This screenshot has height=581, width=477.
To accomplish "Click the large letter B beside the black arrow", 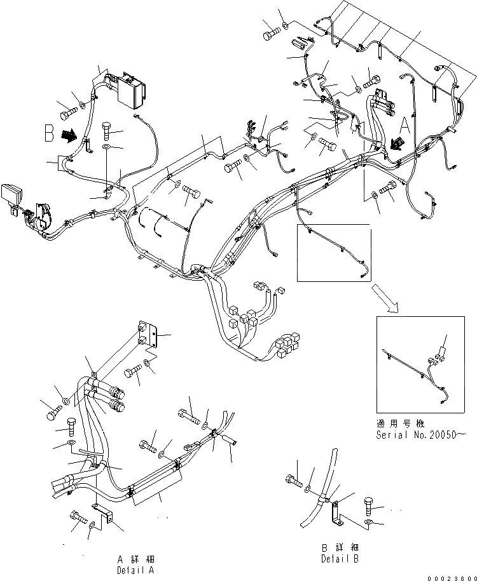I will [x=49, y=134].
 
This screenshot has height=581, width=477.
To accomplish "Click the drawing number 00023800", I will [x=451, y=575].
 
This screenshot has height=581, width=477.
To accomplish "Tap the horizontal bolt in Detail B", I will [x=294, y=480].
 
